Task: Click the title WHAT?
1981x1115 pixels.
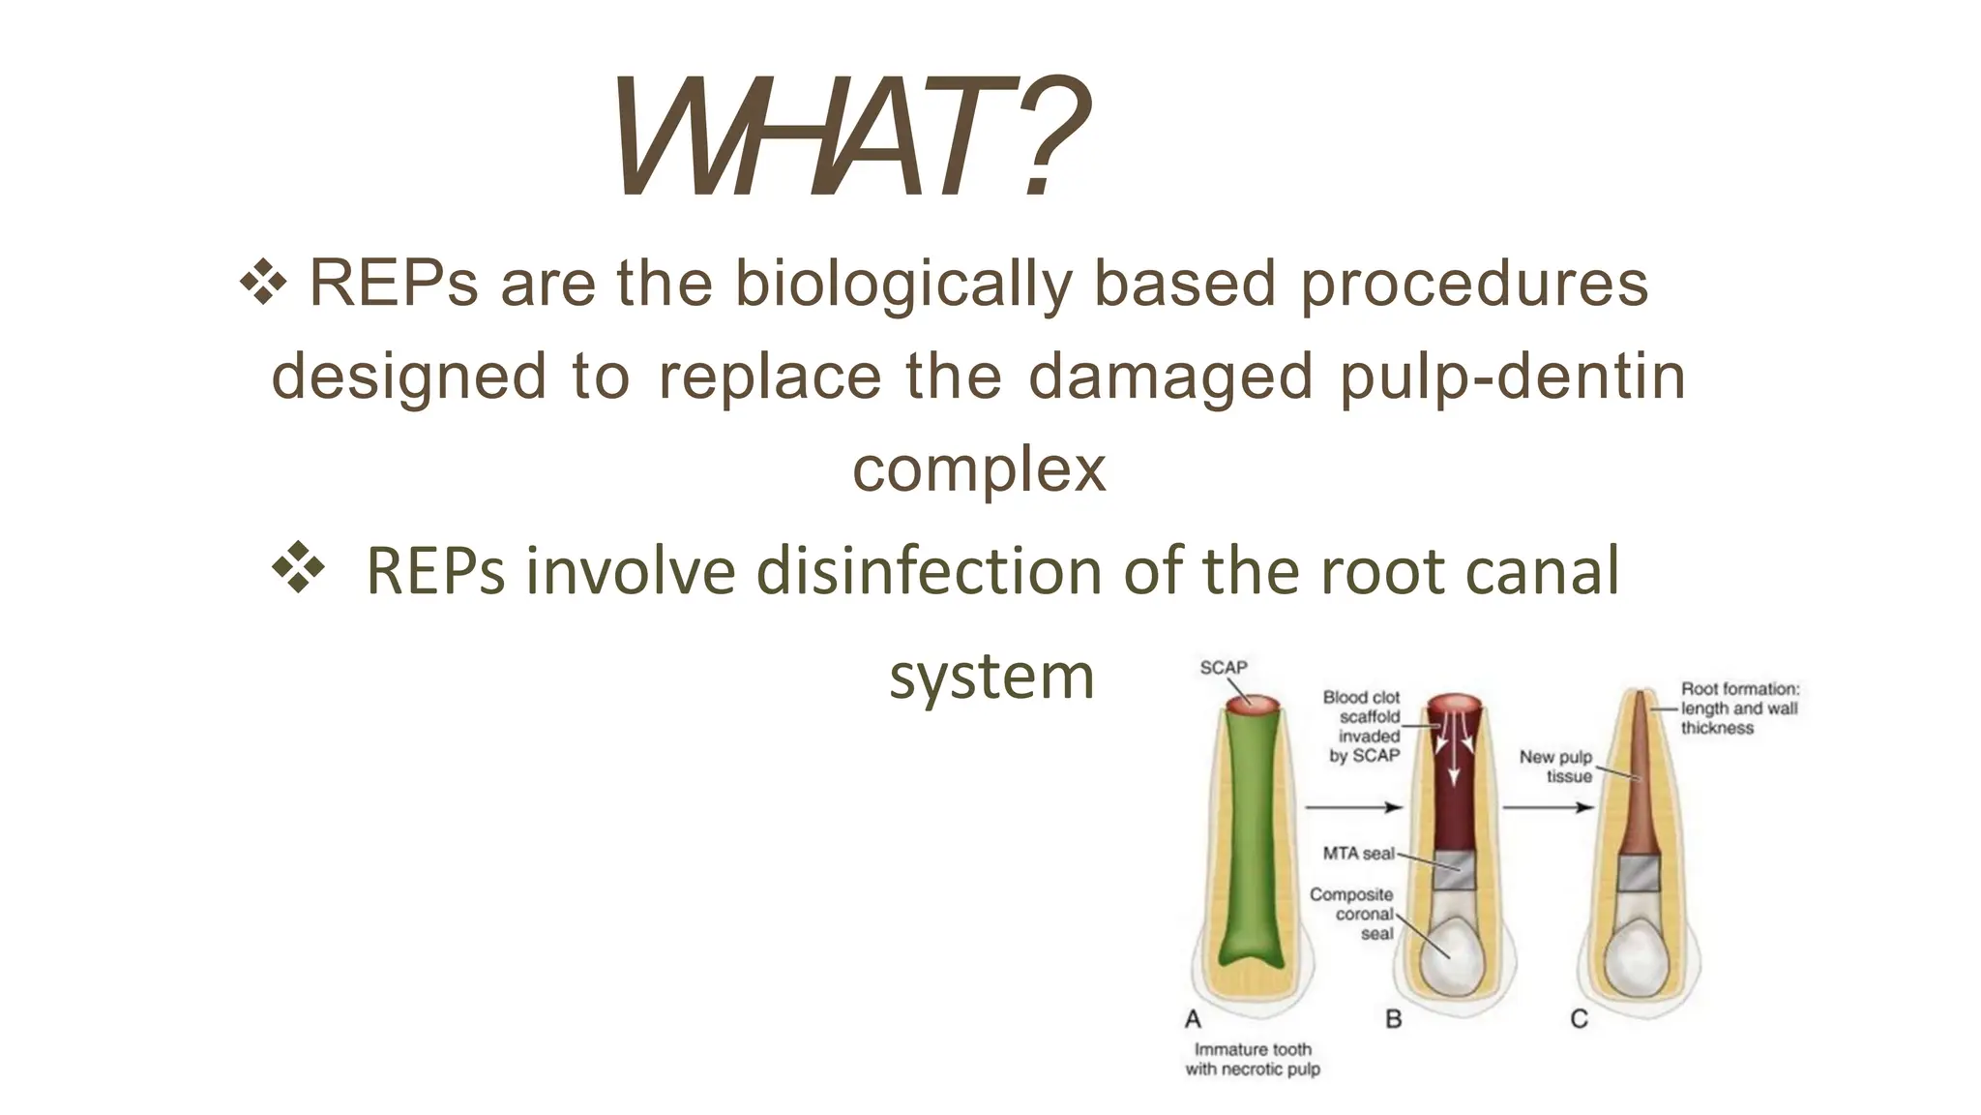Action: pos(851,138)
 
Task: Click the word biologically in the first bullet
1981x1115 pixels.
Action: pos(903,285)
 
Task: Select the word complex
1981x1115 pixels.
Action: pos(978,469)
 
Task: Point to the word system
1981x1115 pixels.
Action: pos(990,676)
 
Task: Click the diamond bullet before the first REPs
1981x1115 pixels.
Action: pos(263,285)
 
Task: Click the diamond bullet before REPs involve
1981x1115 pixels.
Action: pos(298,568)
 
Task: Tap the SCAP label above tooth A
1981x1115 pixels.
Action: pos(1223,668)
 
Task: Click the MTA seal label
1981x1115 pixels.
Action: pos(1358,854)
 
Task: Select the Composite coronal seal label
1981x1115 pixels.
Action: pos(1352,914)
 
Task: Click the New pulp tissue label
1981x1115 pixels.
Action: pos(1555,767)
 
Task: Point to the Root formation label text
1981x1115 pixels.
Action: pos(1739,708)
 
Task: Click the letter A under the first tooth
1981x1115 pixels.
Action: pos(1193,1019)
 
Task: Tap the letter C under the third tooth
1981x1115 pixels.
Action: pos(1579,1019)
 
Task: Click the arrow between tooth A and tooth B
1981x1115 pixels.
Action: pos(1352,806)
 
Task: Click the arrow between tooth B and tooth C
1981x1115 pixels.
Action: pos(1548,806)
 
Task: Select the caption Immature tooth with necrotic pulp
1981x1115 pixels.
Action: pos(1253,1059)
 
